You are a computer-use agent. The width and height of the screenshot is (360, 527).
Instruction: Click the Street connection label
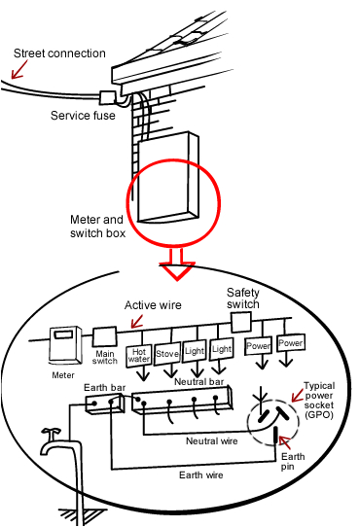click(x=56, y=53)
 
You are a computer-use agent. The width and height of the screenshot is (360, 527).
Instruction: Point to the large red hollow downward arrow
click(x=179, y=262)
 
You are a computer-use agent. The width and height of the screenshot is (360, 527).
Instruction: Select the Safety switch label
click(x=243, y=298)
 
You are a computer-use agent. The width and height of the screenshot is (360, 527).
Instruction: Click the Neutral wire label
click(x=213, y=440)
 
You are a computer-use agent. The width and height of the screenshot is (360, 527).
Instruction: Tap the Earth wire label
click(x=178, y=475)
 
